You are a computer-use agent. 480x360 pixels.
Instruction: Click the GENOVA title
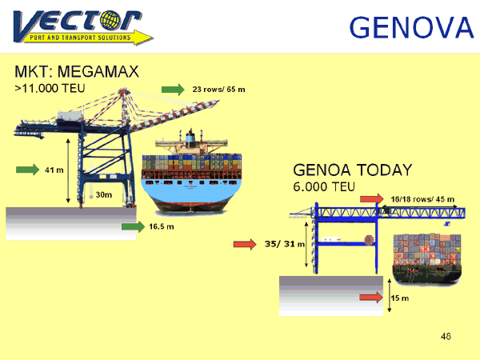point(412,27)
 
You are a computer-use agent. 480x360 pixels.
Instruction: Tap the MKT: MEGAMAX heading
point(77,72)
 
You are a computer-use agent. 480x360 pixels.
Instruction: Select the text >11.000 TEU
point(50,88)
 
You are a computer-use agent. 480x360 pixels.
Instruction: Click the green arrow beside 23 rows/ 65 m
point(173,90)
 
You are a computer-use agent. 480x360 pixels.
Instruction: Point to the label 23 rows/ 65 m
point(218,90)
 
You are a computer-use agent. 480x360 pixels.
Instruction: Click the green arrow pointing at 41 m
point(27,170)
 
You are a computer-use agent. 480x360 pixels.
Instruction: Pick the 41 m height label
point(54,170)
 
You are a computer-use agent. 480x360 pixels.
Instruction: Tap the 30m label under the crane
point(104,194)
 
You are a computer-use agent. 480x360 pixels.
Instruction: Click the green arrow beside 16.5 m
point(133,226)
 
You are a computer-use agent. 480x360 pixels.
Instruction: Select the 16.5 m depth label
point(162,226)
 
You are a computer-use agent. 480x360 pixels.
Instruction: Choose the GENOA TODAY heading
point(353,170)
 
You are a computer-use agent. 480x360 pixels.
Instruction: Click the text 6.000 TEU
point(324,186)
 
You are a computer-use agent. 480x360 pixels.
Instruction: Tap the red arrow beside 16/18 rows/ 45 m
point(372,199)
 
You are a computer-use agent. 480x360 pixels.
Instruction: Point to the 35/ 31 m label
point(284,244)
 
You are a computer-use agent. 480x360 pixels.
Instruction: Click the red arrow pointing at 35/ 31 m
point(245,244)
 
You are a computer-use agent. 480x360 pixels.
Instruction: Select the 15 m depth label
point(400,298)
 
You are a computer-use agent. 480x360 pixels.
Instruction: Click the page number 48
point(446,337)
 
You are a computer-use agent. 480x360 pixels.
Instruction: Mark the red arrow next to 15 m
point(371,298)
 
